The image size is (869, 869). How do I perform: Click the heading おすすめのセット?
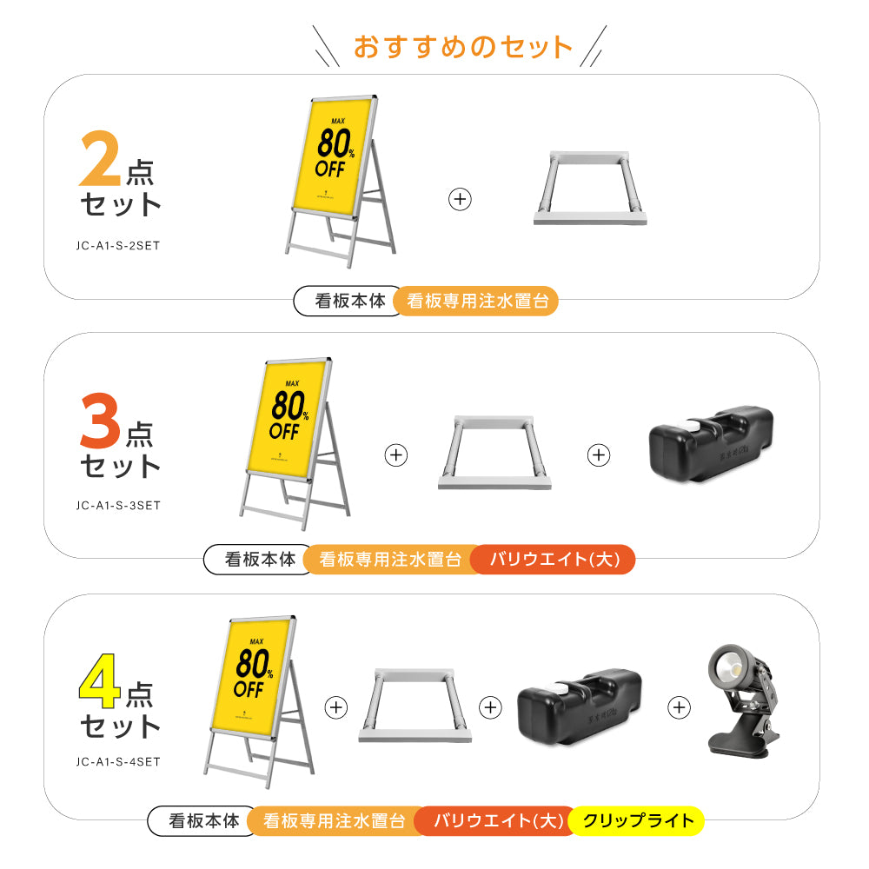(x=462, y=46)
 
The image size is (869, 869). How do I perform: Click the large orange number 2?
(x=100, y=160)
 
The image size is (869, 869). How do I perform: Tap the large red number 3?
(x=101, y=421)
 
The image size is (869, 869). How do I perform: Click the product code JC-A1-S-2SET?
(x=119, y=245)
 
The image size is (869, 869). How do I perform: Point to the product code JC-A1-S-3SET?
(x=119, y=505)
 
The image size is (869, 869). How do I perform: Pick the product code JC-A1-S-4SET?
(x=119, y=763)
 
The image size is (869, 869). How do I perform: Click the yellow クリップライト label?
(x=638, y=820)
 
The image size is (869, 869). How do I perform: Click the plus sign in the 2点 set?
(x=460, y=199)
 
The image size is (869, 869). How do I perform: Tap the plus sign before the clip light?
(x=679, y=707)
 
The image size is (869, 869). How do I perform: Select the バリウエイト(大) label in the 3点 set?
(x=554, y=560)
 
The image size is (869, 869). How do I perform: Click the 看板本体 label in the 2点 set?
(x=349, y=302)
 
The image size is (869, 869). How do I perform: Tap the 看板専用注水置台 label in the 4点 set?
(x=334, y=820)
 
